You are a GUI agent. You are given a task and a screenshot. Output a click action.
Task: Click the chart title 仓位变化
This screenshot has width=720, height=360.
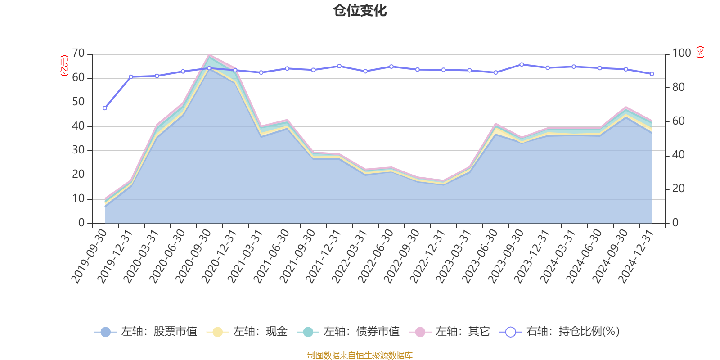(360, 10)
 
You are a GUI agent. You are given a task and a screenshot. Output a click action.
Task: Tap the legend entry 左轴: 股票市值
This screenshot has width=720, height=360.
(146, 332)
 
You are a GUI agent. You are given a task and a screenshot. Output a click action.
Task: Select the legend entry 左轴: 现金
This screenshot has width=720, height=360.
(247, 332)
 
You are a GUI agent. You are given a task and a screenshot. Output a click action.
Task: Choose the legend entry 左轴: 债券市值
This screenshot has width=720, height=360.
(348, 332)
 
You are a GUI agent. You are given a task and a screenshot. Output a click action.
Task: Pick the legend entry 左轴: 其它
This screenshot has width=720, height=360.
(450, 332)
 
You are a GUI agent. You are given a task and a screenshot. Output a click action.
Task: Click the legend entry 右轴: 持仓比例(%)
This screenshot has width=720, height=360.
(560, 332)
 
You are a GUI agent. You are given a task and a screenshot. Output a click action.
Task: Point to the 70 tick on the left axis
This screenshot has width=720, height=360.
(78, 54)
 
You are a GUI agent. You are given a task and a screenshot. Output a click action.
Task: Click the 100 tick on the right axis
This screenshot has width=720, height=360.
(681, 54)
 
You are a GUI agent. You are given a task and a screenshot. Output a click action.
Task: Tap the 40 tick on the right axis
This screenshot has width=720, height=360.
(678, 155)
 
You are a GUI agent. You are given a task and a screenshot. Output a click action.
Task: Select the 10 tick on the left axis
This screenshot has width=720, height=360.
(78, 199)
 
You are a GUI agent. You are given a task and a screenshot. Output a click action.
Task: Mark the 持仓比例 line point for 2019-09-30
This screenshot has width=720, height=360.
(105, 108)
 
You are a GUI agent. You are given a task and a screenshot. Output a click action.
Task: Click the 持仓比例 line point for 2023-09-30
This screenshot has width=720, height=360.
(522, 64)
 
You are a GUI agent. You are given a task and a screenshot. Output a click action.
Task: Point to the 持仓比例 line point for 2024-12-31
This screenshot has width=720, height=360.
(652, 74)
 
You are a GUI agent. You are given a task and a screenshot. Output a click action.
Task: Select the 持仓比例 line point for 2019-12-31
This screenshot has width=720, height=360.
(131, 77)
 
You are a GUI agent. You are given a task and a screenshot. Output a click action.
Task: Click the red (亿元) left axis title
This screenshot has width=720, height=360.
(64, 66)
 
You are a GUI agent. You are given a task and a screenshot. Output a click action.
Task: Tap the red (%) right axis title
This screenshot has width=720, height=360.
(700, 52)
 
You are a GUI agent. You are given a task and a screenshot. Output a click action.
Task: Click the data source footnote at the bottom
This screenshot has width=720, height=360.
(360, 355)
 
